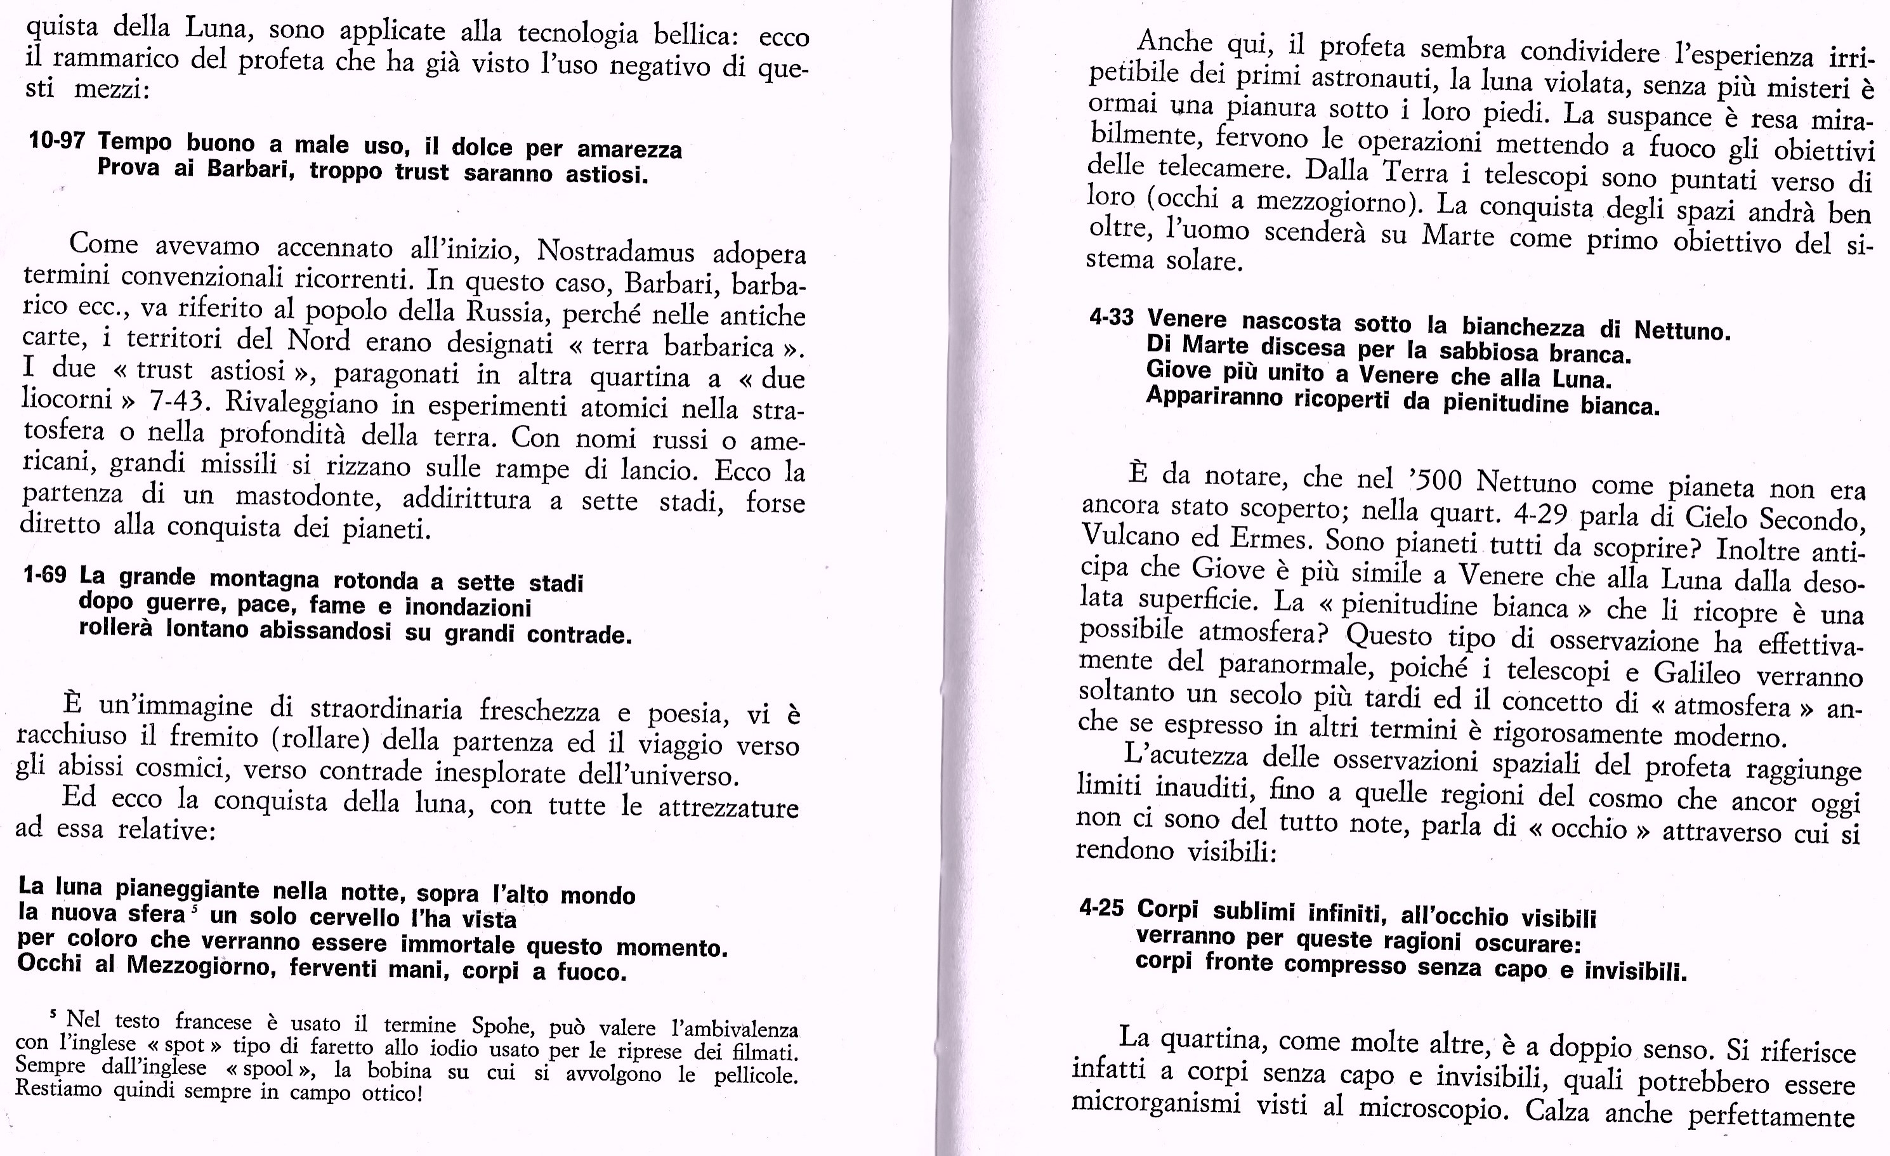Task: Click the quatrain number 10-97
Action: point(56,140)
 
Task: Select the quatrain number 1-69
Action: point(44,575)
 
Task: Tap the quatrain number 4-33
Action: point(1111,316)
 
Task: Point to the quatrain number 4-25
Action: point(1101,908)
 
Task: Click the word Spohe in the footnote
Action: point(502,1025)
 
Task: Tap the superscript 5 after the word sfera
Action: point(195,908)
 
